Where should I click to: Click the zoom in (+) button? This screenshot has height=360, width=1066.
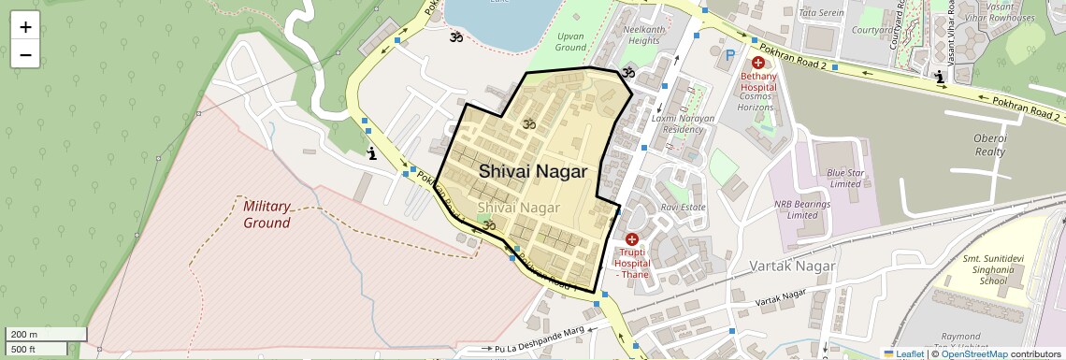coord(25,27)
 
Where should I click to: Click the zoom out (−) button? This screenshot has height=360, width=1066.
coord(25,54)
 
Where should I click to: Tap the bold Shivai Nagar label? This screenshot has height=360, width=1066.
coord(533,172)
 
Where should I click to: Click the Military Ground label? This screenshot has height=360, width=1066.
coord(266,214)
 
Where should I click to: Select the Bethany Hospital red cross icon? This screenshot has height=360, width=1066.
coord(757,62)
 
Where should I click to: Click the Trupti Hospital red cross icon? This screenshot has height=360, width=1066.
coord(631,239)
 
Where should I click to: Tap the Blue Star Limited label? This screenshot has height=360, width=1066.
coord(844,178)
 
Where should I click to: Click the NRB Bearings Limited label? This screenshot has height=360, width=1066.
coord(796,209)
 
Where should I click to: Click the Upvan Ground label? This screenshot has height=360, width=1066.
coord(570,41)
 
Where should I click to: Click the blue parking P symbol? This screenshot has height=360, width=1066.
coord(730,55)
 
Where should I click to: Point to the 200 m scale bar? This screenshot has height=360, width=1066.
coord(36,335)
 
